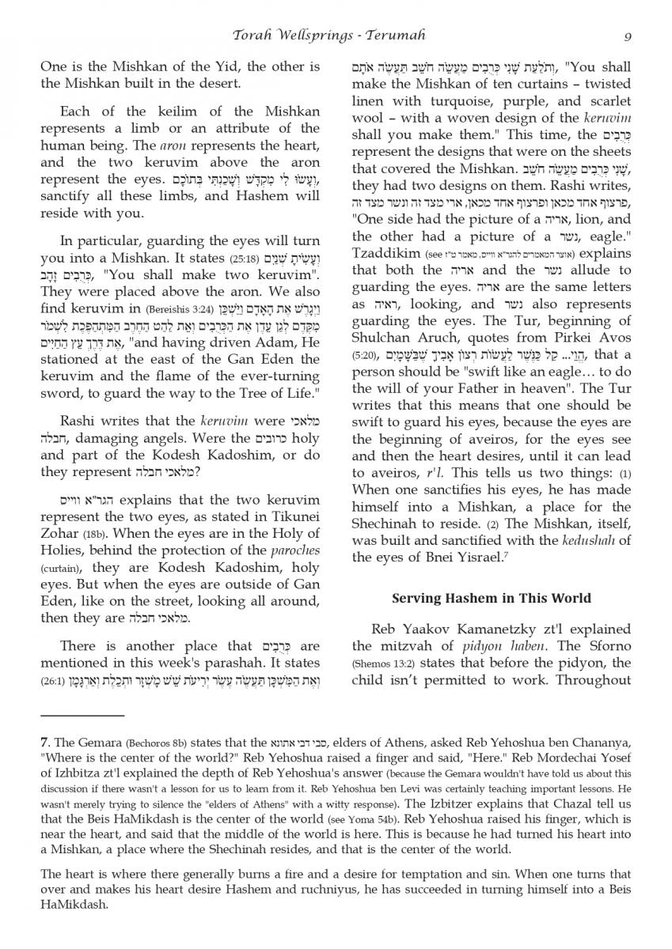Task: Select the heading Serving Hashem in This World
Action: pyautogui.click(x=492, y=598)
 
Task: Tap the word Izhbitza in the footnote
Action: pyautogui.click(x=70, y=773)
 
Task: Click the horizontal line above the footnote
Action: pyautogui.click(x=82, y=716)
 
